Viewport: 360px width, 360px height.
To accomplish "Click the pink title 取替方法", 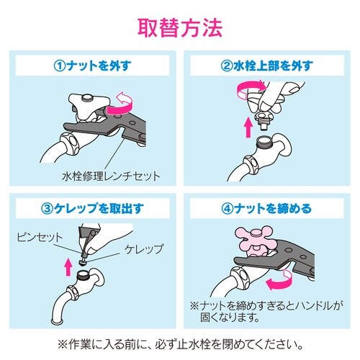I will point(179,30).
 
